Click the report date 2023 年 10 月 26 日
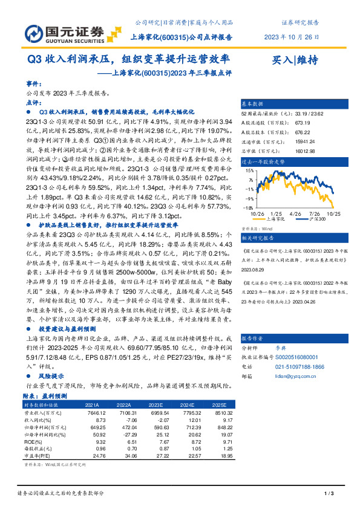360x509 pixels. pos(292,37)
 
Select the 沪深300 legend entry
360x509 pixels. pos(316,218)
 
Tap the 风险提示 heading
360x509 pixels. pos(50,376)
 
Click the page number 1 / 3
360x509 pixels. pos(329,494)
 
